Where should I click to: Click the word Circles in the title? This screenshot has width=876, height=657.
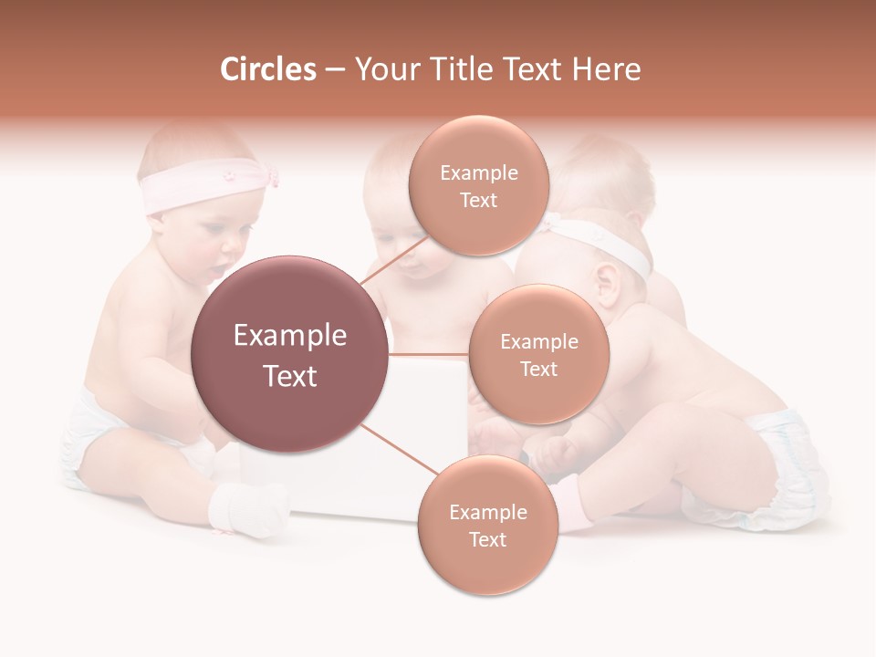pyautogui.click(x=267, y=69)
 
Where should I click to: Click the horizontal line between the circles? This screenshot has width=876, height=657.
pyautogui.click(x=429, y=354)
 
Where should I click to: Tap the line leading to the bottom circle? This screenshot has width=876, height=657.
pyautogui.click(x=396, y=450)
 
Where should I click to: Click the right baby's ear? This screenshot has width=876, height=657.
pyautogui.click(x=603, y=282)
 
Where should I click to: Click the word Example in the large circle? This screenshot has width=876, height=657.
pyautogui.click(x=290, y=336)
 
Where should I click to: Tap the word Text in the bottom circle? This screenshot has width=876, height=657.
pyautogui.click(x=487, y=539)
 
